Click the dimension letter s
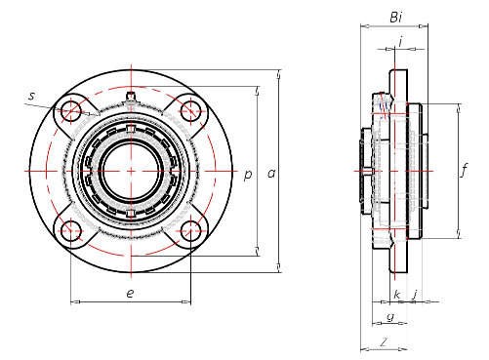(31, 96)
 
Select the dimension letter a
(270, 174)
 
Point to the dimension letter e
(130, 293)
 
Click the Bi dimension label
(395, 17)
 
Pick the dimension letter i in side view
(400, 41)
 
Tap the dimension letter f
(464, 171)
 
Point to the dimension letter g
(389, 317)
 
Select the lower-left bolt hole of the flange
(70, 231)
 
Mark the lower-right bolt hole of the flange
(190, 231)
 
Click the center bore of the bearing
(130, 171)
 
